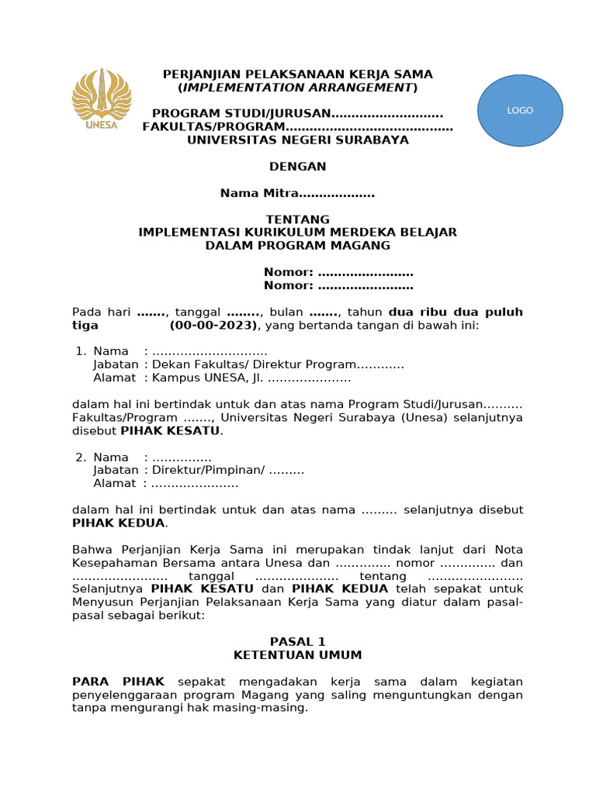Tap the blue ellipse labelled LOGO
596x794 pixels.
[520, 110]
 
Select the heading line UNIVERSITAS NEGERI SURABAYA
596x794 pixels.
[298, 140]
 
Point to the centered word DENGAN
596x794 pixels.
[298, 167]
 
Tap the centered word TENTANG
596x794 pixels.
[298, 219]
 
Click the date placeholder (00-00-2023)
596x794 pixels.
[215, 326]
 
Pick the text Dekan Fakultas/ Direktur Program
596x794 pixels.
[254, 365]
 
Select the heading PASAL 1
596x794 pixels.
[298, 642]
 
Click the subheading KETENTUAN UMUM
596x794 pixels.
[298, 655]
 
